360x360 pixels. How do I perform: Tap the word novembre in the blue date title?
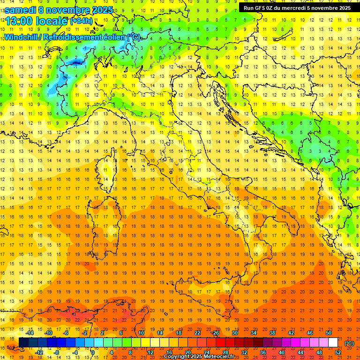pos(73,10)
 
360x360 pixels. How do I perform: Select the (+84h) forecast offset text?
pos(81,21)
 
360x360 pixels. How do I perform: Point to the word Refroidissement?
pos(76,37)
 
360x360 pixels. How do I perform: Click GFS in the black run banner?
pos(261,7)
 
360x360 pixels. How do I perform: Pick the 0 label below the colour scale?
pos(93,352)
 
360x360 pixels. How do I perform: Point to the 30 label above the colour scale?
pos(235,333)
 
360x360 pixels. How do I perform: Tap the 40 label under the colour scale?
pos(282,352)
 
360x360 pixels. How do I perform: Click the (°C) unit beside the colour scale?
pos(349,343)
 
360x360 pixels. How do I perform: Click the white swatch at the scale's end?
pos(333,343)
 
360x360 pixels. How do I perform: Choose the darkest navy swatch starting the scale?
pos(23,343)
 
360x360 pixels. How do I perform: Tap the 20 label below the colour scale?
pos(188,352)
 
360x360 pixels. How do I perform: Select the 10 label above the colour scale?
pos(141,333)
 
